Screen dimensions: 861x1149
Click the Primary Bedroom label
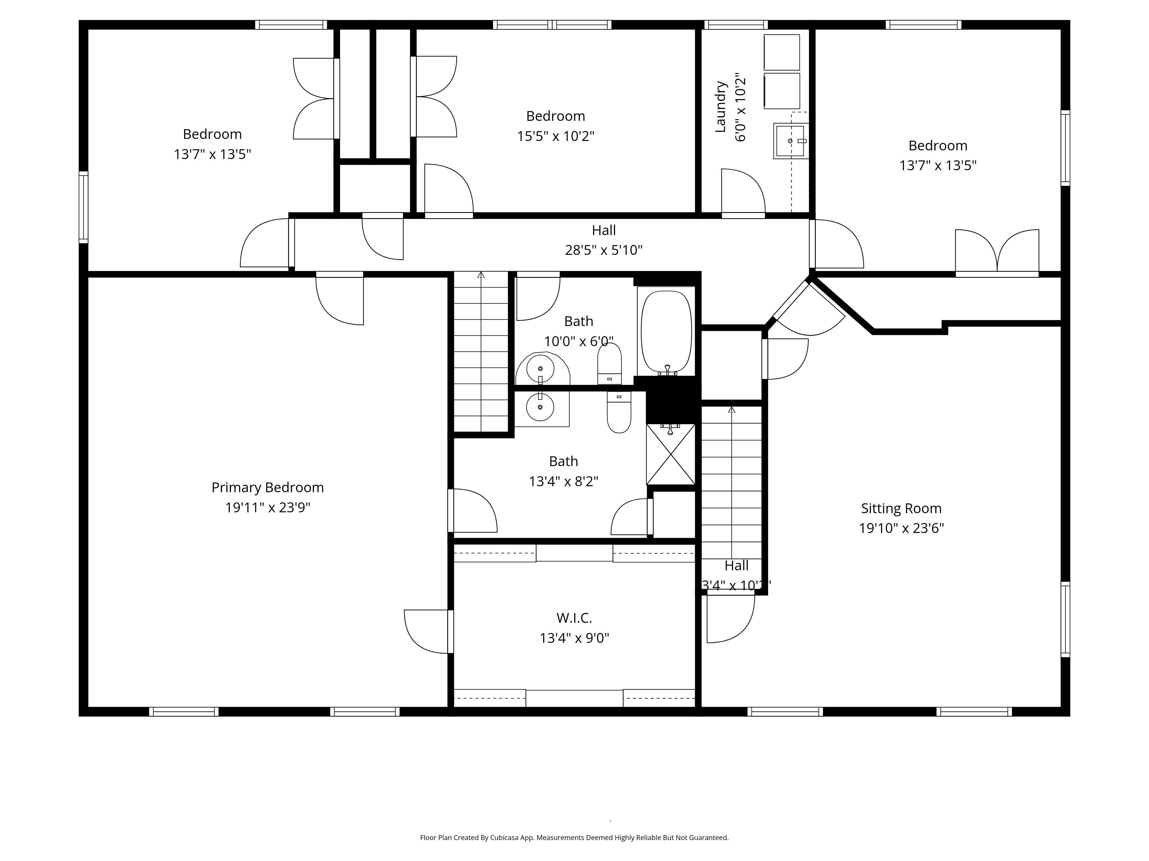coord(267,487)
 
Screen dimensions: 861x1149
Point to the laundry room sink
coord(791,141)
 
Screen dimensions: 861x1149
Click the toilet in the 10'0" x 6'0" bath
coord(609,363)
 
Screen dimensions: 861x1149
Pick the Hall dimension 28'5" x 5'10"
coord(604,250)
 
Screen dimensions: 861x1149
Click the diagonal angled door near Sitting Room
coord(805,311)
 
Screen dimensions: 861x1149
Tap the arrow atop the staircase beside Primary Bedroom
coord(481,275)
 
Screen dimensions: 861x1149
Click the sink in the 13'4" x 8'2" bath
coord(540,408)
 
